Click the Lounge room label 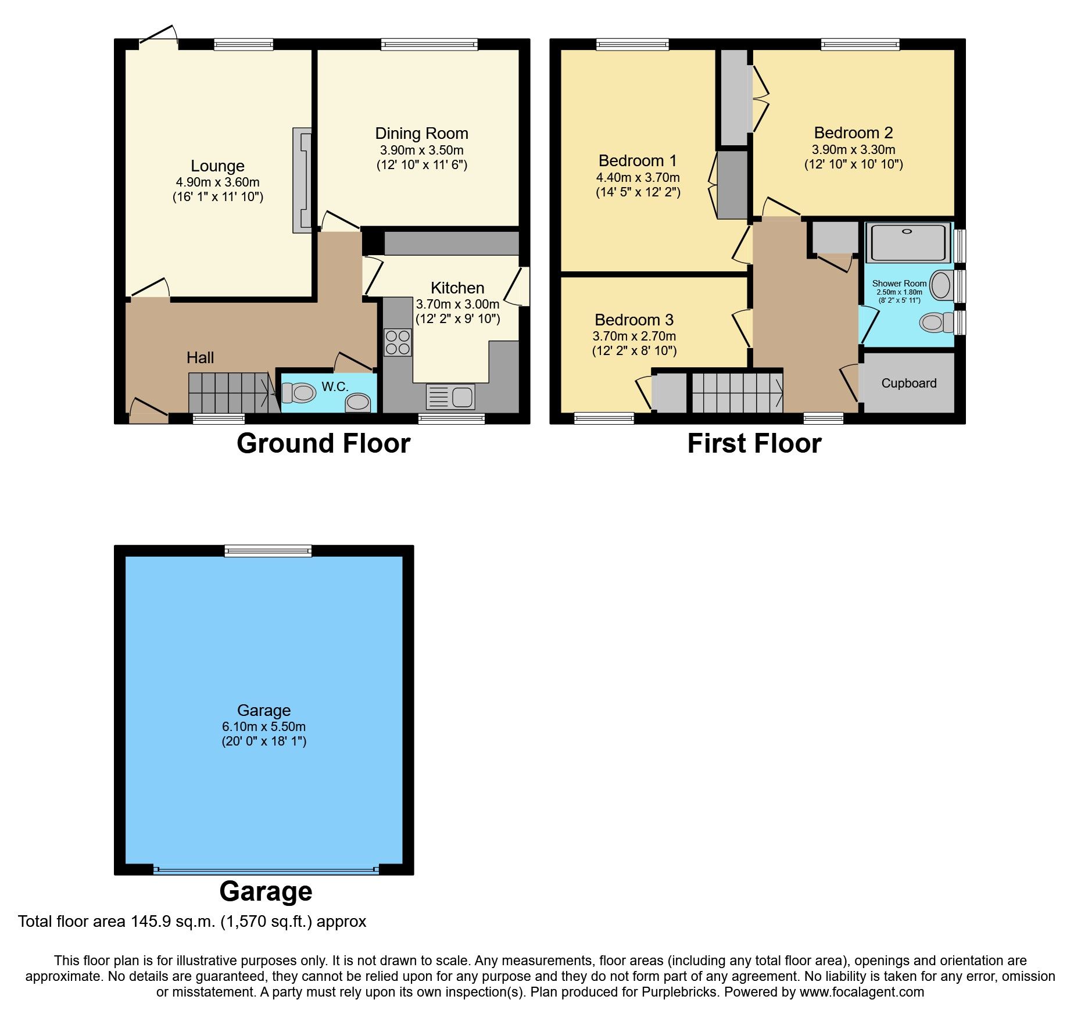coord(217,166)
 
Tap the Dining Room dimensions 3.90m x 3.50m coord(421,150)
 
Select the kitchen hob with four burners coord(398,342)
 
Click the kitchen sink coord(451,397)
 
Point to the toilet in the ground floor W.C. coord(299,393)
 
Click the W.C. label coord(335,387)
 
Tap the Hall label coord(200,358)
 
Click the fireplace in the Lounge coord(302,180)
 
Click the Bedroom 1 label coord(637,161)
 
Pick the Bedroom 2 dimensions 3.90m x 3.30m coord(853,150)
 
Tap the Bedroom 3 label coord(633,320)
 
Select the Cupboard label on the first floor coord(908,384)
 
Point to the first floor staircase coord(737,393)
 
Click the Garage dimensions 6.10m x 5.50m coord(263,727)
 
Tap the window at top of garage coord(268,551)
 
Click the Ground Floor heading coord(323,444)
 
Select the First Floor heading coord(754,444)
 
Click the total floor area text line coord(192,922)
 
